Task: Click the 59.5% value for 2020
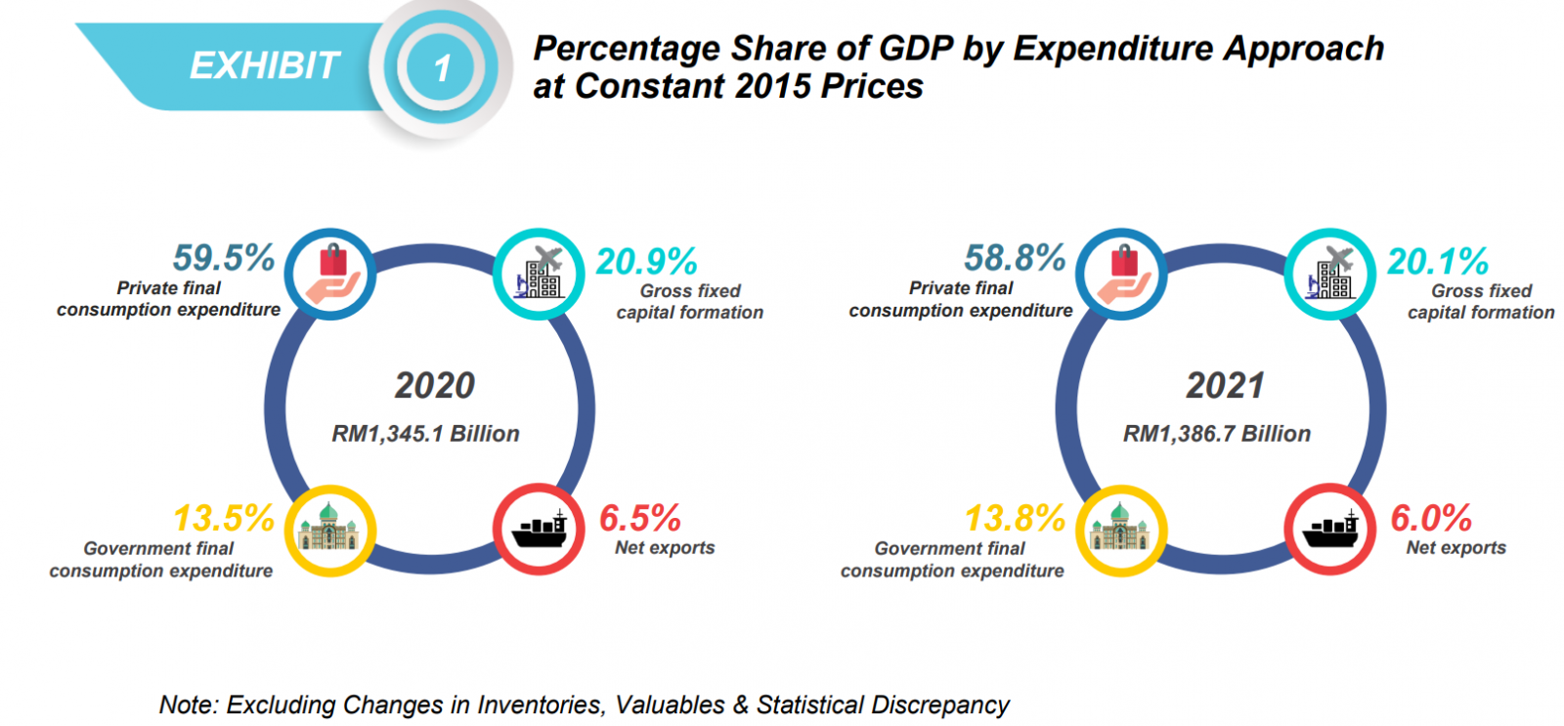coord(224,258)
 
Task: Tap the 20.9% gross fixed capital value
coord(647,262)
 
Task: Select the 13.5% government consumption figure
coord(224,518)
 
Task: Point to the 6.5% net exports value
coord(640,518)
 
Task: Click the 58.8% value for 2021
coord(1015,258)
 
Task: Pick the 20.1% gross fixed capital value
coord(1438,262)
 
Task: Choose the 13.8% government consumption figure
coord(1015,518)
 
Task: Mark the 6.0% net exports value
coord(1431,518)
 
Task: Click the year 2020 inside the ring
coord(435,386)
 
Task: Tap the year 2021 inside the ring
coord(1226,386)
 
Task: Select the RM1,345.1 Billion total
coord(426,434)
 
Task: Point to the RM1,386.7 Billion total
coord(1217,434)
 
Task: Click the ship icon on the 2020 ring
coord(540,530)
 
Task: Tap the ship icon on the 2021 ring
coord(1330,530)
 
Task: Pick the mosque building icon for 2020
coord(329,531)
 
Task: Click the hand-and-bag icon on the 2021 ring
coord(1121,275)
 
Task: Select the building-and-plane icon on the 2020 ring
coord(540,275)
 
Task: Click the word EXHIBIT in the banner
coord(264,66)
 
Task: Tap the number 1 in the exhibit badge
coord(442,68)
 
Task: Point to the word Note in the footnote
coord(188,705)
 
